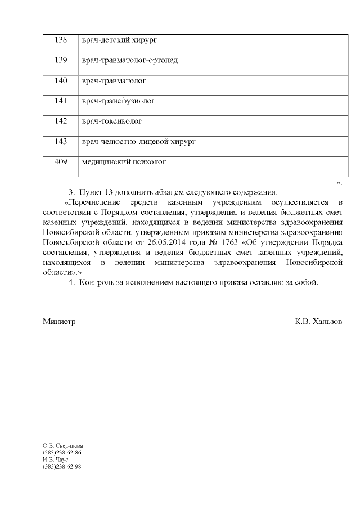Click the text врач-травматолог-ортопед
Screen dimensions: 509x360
[x=129, y=60]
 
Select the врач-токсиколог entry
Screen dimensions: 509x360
[x=111, y=121]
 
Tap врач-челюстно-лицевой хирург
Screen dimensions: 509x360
[x=138, y=141]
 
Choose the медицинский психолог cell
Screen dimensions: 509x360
[x=124, y=162]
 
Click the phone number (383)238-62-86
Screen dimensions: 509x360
[x=62, y=452]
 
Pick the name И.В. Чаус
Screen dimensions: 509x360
[x=55, y=459]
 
